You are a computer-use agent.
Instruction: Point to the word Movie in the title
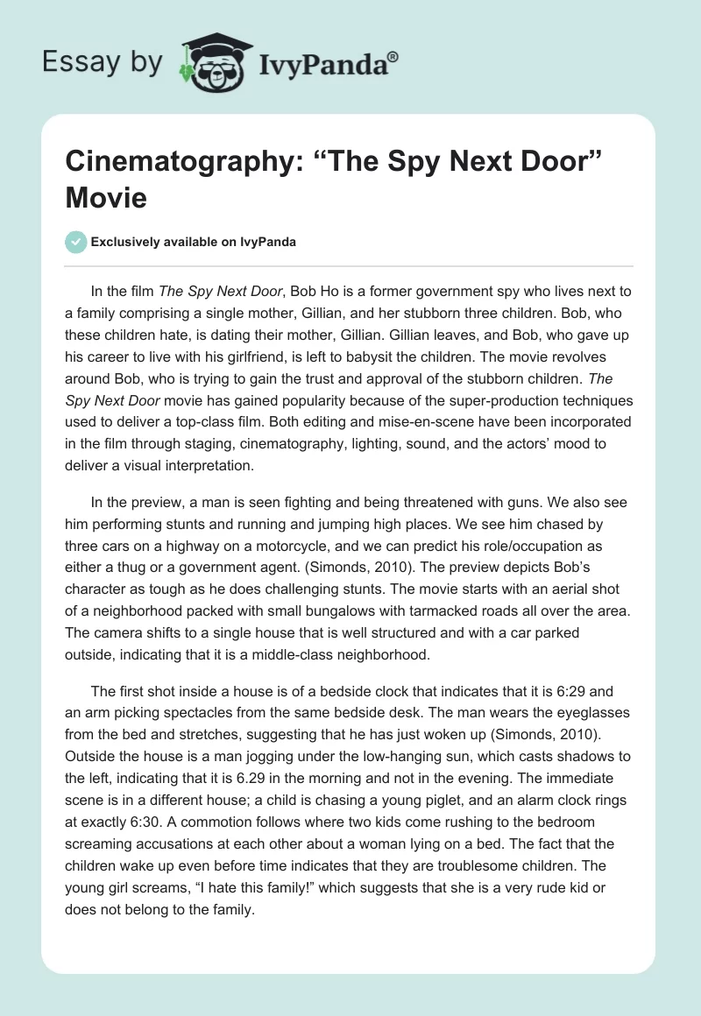(x=106, y=199)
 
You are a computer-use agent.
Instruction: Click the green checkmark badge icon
(x=77, y=243)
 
